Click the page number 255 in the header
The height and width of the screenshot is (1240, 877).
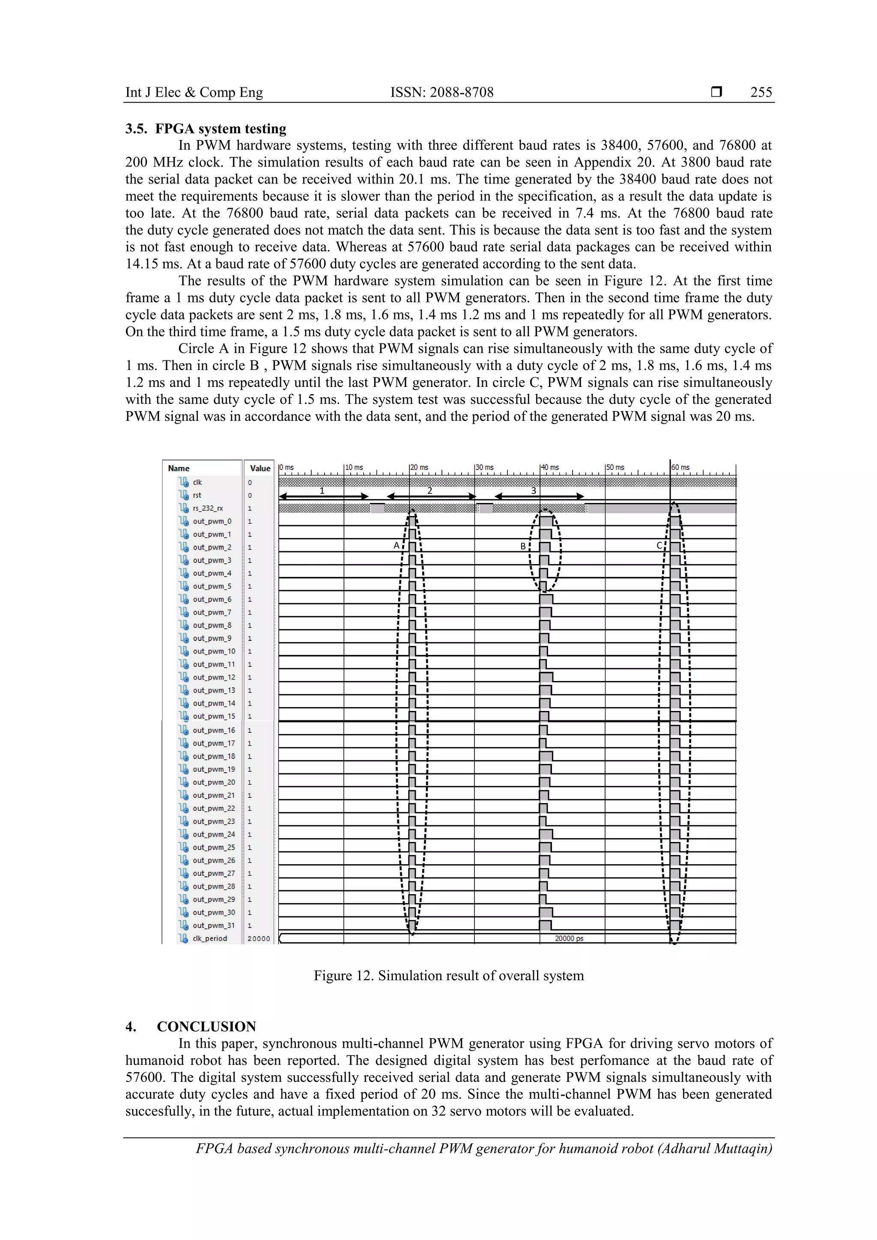(761, 92)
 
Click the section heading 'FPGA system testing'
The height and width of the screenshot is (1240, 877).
(221, 128)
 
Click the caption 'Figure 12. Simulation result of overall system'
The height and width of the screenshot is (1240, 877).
(448, 975)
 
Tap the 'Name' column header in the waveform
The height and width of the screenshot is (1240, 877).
(179, 468)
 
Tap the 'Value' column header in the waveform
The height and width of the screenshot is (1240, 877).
(260, 468)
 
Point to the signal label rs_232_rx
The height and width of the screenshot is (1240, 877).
(208, 508)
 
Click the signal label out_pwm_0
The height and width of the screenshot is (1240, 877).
(212, 521)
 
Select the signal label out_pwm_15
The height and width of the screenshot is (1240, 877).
(214, 716)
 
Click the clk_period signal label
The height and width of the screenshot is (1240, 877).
(210, 938)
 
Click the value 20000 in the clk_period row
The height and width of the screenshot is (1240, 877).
(259, 939)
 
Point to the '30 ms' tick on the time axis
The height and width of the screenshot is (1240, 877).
(485, 467)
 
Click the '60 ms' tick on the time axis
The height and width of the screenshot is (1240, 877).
(681, 467)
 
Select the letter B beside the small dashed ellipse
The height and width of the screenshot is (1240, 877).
(522, 546)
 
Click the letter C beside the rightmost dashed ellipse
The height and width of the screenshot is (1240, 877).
(659, 545)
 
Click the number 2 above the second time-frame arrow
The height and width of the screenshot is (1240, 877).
(430, 491)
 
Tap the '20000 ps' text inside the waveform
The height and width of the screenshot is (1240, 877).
(569, 938)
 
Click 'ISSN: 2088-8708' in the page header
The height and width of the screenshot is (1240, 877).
(441, 92)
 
